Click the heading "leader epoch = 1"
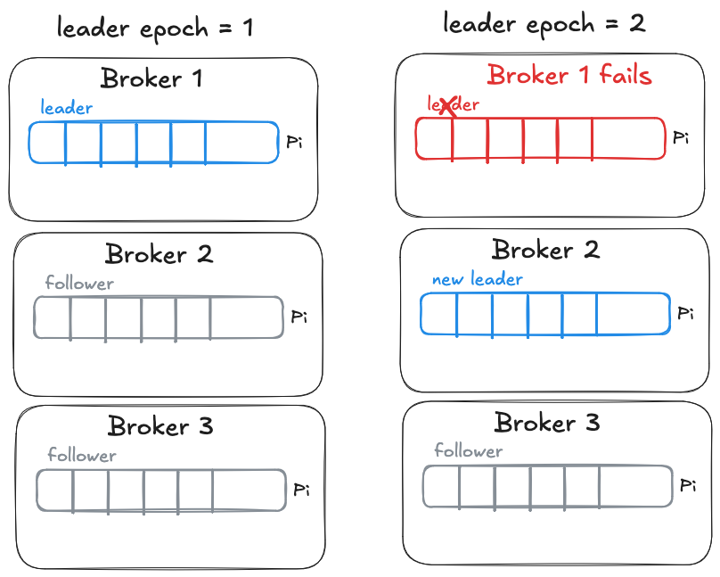tap(155, 27)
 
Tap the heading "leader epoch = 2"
tap(544, 23)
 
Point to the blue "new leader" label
tap(478, 279)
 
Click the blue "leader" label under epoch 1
tap(67, 108)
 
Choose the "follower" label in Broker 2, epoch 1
tap(79, 284)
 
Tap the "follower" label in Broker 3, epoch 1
tap(82, 456)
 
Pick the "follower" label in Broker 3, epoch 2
tap(469, 450)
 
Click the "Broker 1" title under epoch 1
tap(151, 78)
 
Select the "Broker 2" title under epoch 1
tap(159, 254)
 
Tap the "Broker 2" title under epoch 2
tap(545, 250)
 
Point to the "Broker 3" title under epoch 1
tap(160, 426)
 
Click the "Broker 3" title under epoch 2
tap(547, 422)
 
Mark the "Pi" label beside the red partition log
tap(682, 138)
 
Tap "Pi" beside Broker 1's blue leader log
tap(294, 143)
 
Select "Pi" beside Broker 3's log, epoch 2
tap(687, 486)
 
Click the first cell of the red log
tap(434, 138)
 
